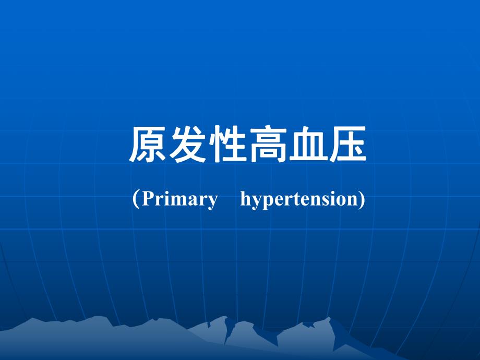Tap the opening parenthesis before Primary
click(x=136, y=199)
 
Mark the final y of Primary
click(x=212, y=201)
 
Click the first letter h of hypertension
click(x=245, y=199)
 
